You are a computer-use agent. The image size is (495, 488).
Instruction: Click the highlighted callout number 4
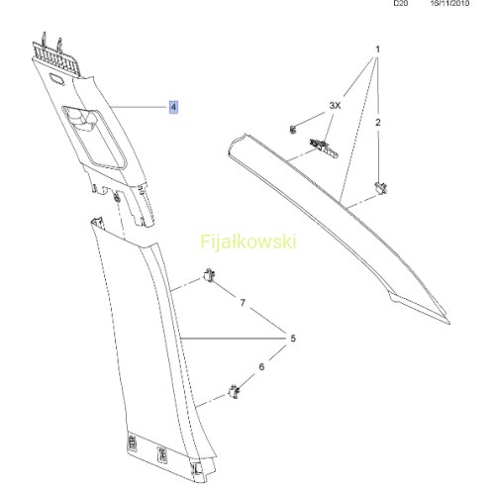click(x=173, y=107)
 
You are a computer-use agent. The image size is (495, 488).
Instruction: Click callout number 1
click(x=378, y=49)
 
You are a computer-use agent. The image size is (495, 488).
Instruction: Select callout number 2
click(x=378, y=123)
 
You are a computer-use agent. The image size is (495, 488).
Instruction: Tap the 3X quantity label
click(x=335, y=106)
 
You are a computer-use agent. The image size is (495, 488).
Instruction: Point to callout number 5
click(x=293, y=339)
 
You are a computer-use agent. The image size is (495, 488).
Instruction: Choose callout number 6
click(x=261, y=366)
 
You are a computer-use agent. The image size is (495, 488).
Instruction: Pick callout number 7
click(x=243, y=303)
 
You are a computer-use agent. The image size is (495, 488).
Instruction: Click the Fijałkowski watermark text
click(x=248, y=243)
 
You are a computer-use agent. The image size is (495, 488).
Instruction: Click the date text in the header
click(x=449, y=3)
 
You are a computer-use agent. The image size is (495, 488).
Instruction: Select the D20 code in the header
click(x=401, y=3)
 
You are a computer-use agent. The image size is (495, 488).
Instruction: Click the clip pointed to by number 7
click(x=209, y=275)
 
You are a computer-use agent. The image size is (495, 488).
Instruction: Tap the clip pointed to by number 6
click(x=234, y=392)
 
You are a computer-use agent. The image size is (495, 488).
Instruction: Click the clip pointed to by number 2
click(x=381, y=188)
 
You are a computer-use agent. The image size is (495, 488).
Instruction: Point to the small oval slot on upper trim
click(x=56, y=79)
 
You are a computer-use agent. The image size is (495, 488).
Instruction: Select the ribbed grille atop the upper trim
click(x=56, y=60)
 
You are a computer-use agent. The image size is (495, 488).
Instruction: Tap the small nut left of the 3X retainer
click(x=293, y=129)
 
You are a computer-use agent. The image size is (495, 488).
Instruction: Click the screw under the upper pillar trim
click(x=116, y=198)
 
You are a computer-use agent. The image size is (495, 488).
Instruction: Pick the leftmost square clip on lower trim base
click(x=132, y=442)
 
